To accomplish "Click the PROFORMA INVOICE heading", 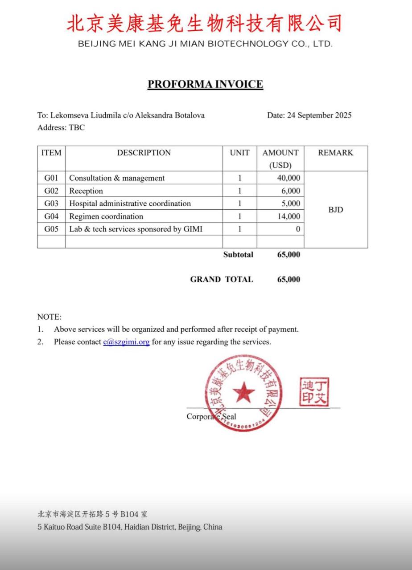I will [x=205, y=84].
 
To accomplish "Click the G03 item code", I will [x=51, y=204].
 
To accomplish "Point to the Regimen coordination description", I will [x=106, y=216].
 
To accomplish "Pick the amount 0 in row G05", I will [x=298, y=229].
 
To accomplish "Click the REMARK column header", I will [x=335, y=153].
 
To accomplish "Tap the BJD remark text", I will [x=336, y=210].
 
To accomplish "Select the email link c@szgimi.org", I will [x=126, y=342].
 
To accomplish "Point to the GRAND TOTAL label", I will [x=222, y=280].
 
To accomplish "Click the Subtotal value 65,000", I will [x=288, y=255].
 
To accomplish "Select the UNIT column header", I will [x=239, y=153].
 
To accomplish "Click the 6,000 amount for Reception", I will [x=290, y=191].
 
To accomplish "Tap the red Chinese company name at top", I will [x=205, y=23].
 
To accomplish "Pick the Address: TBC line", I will [x=61, y=128].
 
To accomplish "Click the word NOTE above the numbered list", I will [x=49, y=317].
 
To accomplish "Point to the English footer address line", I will [x=130, y=527].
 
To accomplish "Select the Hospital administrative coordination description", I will [x=130, y=204].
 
